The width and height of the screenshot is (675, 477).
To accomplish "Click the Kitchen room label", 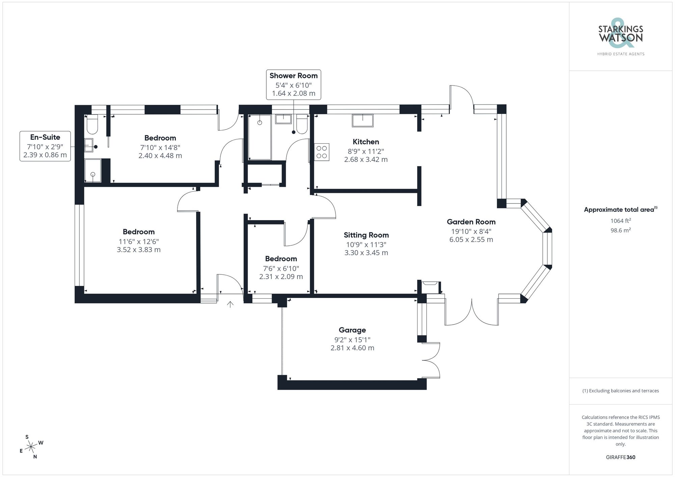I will (366, 142).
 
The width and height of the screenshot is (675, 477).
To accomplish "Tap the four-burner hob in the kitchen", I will (322, 152).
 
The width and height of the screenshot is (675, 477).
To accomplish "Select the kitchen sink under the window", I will (362, 120).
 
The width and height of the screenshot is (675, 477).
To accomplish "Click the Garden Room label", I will (471, 222).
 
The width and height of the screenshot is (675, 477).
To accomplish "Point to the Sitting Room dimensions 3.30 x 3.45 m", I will (366, 253).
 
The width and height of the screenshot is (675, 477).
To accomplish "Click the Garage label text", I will (352, 330).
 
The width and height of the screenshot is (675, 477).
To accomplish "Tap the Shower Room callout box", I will (293, 85).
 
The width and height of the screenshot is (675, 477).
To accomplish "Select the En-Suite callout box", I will (45, 146).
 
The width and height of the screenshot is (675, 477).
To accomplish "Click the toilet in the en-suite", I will (92, 125).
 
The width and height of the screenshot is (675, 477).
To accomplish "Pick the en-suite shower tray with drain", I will (93, 171).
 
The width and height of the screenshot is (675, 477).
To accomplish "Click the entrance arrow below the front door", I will (230, 304).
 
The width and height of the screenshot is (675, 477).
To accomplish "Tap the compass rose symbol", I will (31, 447).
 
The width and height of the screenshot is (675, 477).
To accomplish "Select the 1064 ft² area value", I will (620, 221).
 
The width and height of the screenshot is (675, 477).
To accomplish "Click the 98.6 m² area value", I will (620, 231).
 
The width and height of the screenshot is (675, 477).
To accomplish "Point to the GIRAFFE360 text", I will (620, 457).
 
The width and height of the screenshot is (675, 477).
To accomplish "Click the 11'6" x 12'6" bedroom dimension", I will (139, 242).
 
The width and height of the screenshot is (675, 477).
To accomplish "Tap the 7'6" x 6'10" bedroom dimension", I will (281, 269).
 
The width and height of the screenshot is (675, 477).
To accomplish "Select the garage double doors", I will (432, 360).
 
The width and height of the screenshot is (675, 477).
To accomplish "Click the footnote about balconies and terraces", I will (620, 391).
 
